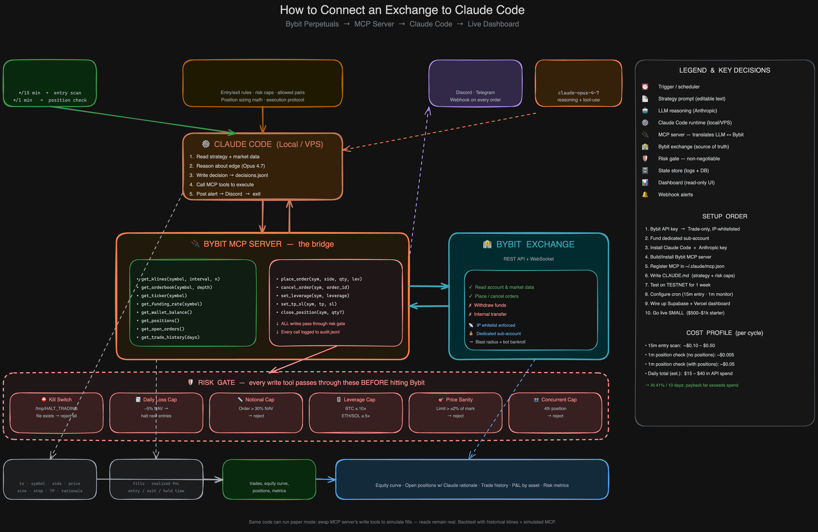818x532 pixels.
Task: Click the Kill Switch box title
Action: click(57, 399)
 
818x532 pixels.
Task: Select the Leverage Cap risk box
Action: click(356, 413)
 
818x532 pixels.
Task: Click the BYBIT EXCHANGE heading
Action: click(529, 244)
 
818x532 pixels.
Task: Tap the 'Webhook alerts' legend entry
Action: click(675, 194)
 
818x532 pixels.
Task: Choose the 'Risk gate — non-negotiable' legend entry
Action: click(689, 159)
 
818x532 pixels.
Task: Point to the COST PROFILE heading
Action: click(725, 333)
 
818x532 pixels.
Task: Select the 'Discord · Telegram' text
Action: click(475, 93)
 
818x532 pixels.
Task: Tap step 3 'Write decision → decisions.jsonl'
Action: click(229, 175)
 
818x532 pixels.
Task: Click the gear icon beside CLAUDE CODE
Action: click(206, 144)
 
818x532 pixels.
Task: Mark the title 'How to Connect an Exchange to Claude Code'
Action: click(402, 10)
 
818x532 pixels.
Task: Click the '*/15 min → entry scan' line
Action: click(50, 93)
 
